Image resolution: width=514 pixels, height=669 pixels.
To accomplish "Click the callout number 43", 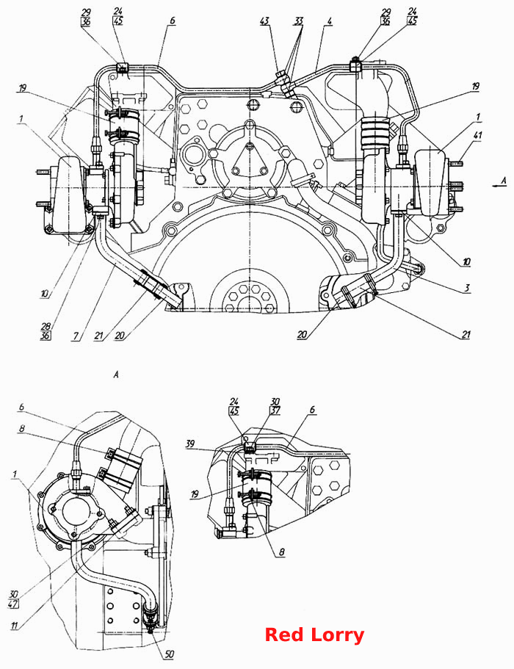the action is (265, 21).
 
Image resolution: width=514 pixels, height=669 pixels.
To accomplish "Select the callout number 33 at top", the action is (299, 21).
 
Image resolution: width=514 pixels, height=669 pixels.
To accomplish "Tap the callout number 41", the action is (478, 135).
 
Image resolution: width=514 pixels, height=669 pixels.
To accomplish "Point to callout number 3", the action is (467, 288).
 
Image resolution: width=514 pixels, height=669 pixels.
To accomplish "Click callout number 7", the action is (76, 336).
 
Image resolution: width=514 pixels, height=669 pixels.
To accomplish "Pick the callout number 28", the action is (46, 326).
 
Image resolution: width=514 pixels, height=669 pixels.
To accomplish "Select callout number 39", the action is (190, 444).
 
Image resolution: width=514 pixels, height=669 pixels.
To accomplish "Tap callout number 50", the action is (169, 654).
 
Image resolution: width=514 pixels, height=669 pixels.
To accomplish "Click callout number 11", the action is (14, 626).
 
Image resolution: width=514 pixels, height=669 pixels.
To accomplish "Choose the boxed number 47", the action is (12, 604).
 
